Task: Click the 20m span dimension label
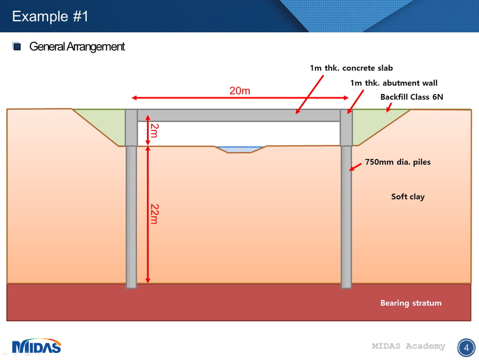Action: [x=240, y=91]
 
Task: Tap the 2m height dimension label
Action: [x=155, y=130]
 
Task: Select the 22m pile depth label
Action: [x=155, y=214]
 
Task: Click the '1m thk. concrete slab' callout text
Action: [x=351, y=68]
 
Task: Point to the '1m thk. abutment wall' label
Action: [x=394, y=83]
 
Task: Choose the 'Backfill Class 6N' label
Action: [x=411, y=97]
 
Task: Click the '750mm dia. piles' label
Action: [x=398, y=162]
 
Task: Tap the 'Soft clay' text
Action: [x=408, y=197]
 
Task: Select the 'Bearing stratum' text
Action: [x=411, y=303]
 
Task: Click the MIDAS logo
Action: [x=36, y=346]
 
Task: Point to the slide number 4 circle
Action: [x=466, y=348]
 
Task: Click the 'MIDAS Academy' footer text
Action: [x=408, y=346]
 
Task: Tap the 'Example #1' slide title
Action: [x=50, y=16]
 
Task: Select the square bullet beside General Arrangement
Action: [x=16, y=46]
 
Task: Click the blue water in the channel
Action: [x=240, y=149]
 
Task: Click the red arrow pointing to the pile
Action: [x=355, y=167]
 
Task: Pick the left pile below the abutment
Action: [x=131, y=217]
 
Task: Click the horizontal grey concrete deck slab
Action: [x=239, y=115]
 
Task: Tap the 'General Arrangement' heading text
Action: [x=77, y=47]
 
